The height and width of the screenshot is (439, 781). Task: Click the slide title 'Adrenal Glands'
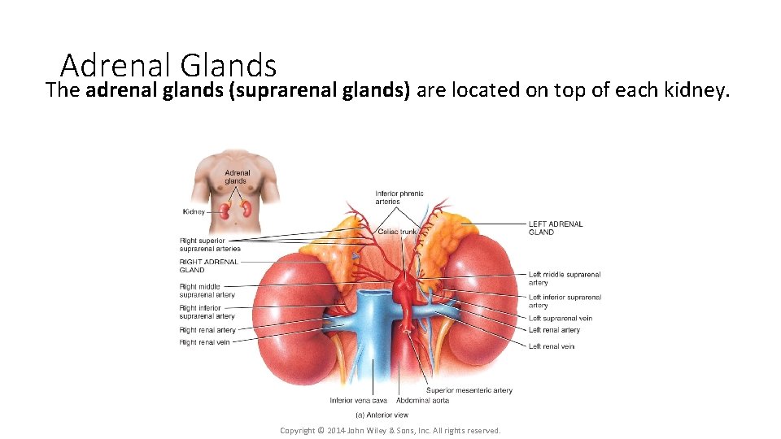coord(168,65)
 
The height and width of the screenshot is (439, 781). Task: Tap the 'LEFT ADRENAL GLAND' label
coord(556,228)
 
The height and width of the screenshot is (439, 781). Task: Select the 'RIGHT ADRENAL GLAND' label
coord(209,266)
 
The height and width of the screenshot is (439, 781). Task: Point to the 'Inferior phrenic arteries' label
coord(399,198)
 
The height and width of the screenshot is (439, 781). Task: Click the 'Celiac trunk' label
coord(397,233)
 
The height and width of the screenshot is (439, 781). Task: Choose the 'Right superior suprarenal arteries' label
coord(210,245)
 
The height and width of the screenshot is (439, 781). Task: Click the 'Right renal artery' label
coord(207,330)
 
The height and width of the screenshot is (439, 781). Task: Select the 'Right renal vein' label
coord(204,342)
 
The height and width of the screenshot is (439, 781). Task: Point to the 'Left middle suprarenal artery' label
coord(564,279)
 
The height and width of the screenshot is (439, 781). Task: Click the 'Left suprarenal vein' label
coord(560,319)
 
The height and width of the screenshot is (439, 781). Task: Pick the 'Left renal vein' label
coord(552,346)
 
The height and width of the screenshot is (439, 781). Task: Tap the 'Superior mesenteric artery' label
coord(469,390)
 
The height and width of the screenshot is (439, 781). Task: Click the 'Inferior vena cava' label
coord(358,400)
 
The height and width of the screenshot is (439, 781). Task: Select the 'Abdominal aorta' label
coord(422,400)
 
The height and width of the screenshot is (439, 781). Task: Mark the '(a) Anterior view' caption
coord(382,415)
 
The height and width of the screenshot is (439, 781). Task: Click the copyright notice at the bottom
coord(390,430)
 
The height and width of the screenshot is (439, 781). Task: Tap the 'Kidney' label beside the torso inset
coord(194,212)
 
